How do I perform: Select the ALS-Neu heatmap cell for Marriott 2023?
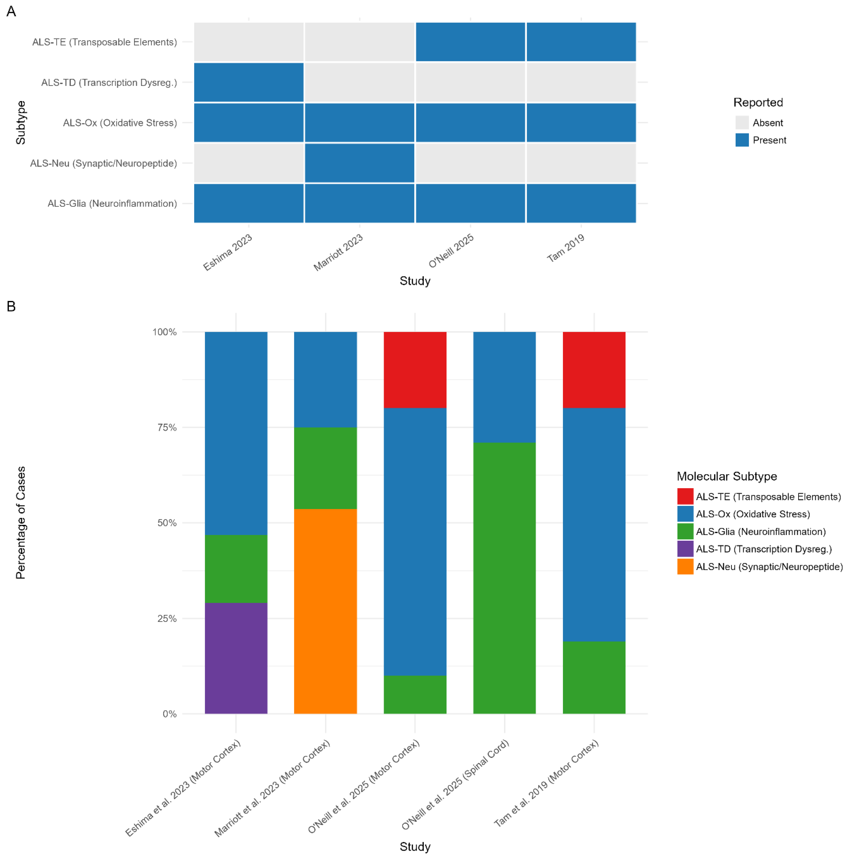pyautogui.click(x=360, y=163)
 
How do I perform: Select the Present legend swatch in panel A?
pyautogui.click(x=742, y=140)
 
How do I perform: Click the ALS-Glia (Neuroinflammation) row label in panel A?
pyautogui.click(x=112, y=203)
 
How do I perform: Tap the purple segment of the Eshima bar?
pyautogui.click(x=236, y=658)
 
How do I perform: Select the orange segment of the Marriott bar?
pyautogui.click(x=325, y=611)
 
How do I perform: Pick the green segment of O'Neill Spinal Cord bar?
pyautogui.click(x=504, y=578)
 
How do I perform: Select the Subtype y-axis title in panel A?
pyautogui.click(x=20, y=123)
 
